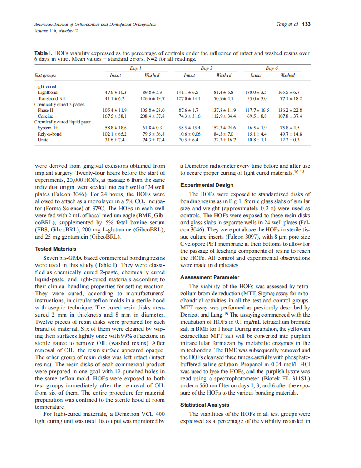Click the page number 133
pos(306,24)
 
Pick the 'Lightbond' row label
pos(48,92)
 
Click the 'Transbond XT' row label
pos(51,98)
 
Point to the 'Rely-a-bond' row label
pos(50,134)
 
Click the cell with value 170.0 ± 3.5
pos(256,92)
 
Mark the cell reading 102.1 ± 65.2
pos(115,134)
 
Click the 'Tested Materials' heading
pos(55,249)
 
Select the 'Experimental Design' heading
pos(207,185)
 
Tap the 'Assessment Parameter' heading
pos(210,277)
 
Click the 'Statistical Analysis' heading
pos(205,405)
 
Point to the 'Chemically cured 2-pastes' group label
pos(58,104)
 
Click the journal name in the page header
pos(95,25)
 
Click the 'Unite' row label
pos(43,140)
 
